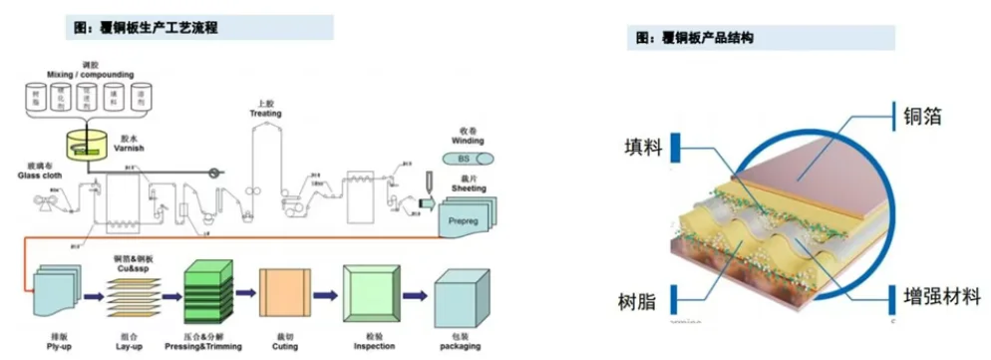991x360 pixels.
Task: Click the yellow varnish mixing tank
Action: pos(87,144)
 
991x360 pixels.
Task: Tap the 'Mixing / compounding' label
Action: pos(89,74)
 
